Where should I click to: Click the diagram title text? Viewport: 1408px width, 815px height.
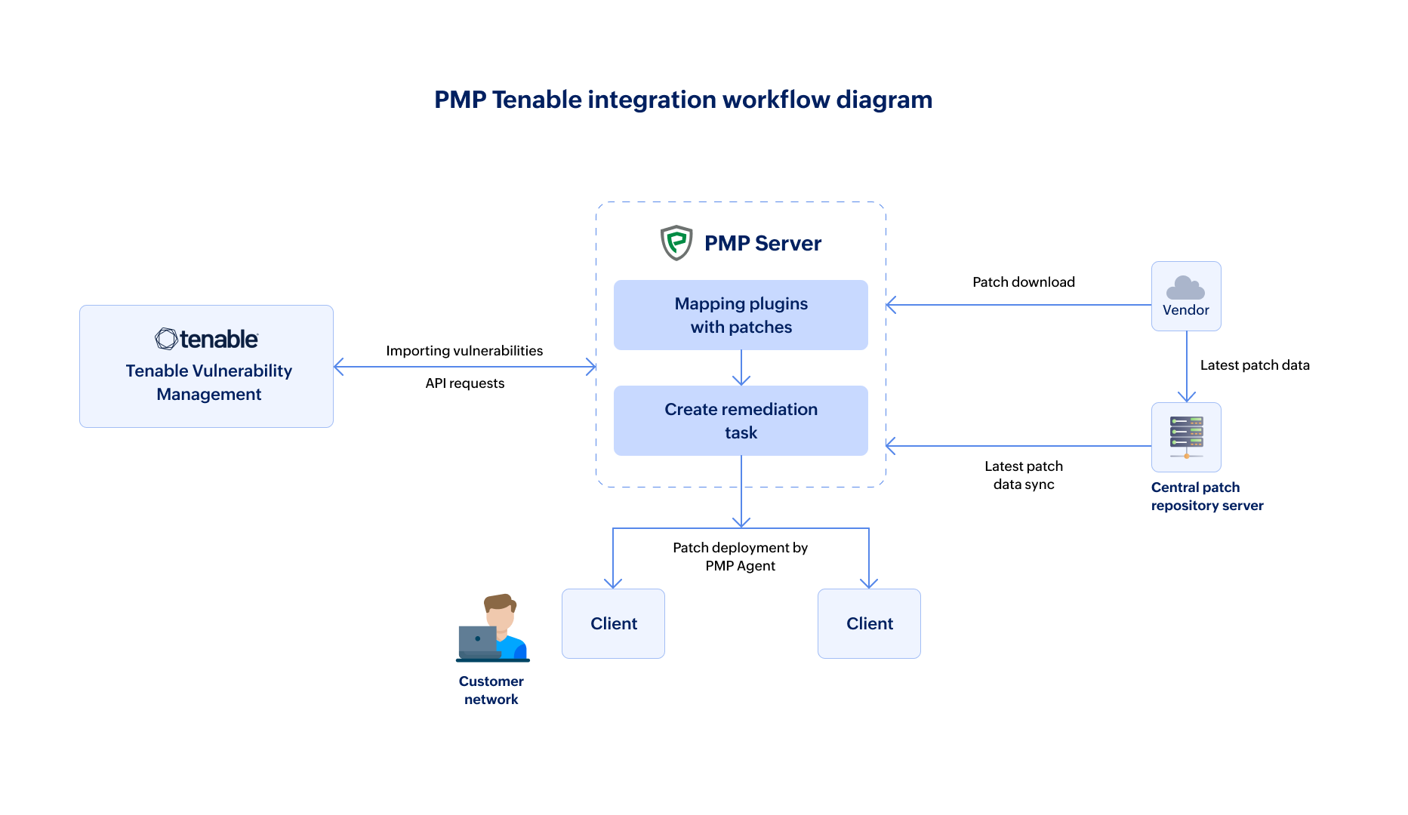(x=683, y=100)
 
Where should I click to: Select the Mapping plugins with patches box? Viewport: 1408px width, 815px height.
(x=741, y=315)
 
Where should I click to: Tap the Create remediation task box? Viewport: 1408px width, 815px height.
(x=741, y=421)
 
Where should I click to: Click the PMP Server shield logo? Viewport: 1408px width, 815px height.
(x=676, y=243)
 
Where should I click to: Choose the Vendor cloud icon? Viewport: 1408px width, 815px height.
(x=1185, y=288)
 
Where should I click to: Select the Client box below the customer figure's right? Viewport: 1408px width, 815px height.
(x=613, y=624)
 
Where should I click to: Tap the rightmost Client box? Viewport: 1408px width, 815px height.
(x=869, y=624)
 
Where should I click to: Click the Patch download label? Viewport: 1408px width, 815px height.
(x=1023, y=282)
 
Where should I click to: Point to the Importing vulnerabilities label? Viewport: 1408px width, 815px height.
(x=464, y=351)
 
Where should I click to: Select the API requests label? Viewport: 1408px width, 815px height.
(x=464, y=383)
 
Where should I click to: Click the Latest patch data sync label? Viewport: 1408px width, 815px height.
(x=1024, y=475)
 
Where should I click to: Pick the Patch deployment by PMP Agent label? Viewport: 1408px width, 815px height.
(x=740, y=557)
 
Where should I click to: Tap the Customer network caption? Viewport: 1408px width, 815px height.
(x=491, y=690)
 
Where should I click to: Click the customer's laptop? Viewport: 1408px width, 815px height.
(x=478, y=641)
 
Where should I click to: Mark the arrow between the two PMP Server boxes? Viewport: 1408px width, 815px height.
(x=741, y=368)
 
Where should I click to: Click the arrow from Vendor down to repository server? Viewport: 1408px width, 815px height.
(x=1187, y=367)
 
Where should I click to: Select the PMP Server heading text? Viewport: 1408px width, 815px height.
(x=763, y=243)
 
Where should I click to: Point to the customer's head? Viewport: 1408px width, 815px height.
(x=500, y=609)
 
